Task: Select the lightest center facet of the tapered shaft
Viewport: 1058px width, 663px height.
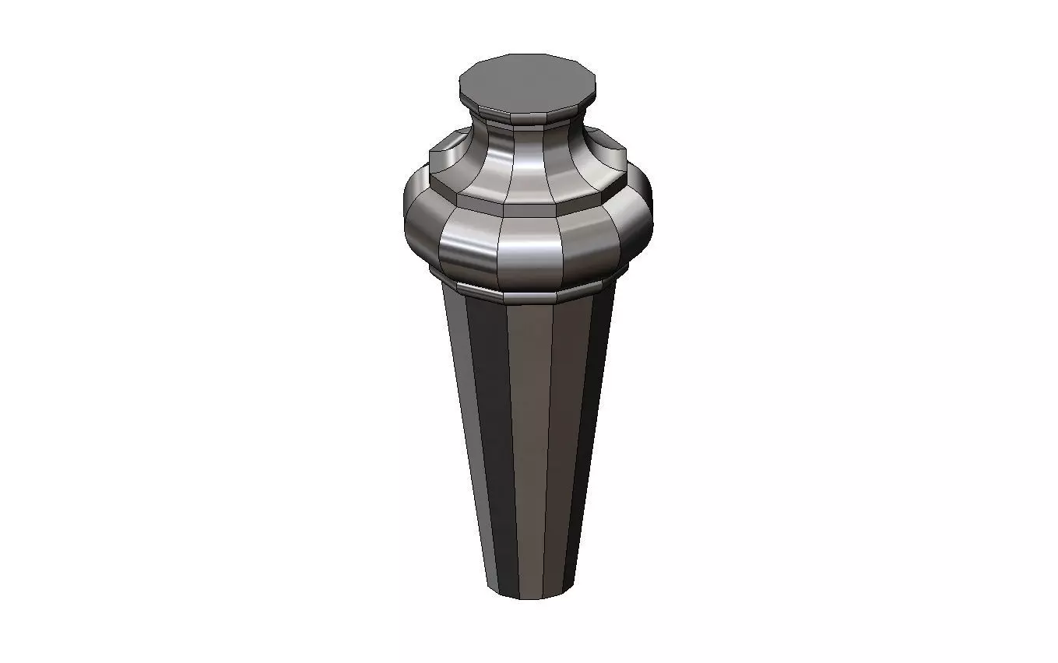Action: (528, 436)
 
